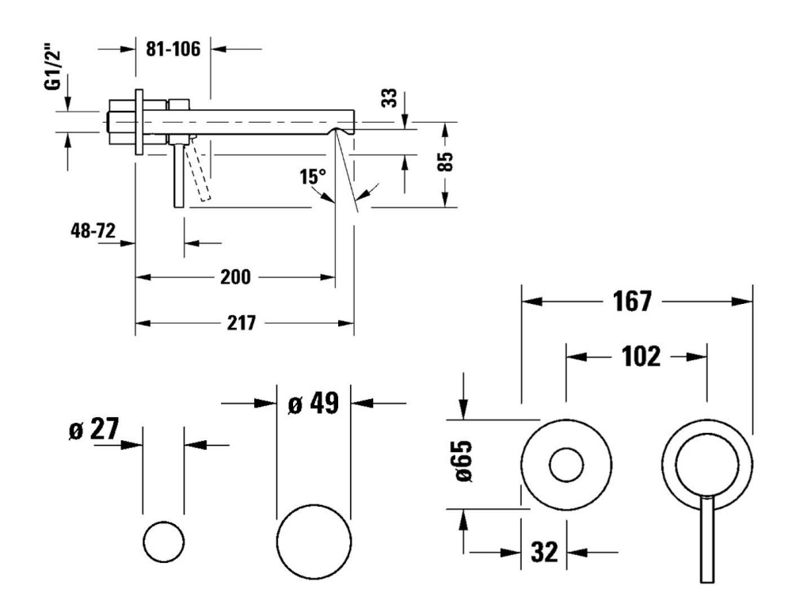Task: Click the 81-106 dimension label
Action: point(173,49)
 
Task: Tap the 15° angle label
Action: point(312,177)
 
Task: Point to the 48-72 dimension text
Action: point(93,231)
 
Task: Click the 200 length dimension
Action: point(235,277)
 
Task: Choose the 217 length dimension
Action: point(241,323)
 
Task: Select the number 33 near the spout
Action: point(389,98)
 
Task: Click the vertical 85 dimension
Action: point(446,162)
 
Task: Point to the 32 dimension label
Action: point(545,552)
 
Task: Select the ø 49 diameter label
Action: point(313,403)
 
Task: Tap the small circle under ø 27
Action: point(164,542)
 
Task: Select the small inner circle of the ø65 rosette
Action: point(566,465)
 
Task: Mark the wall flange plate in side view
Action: point(139,120)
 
